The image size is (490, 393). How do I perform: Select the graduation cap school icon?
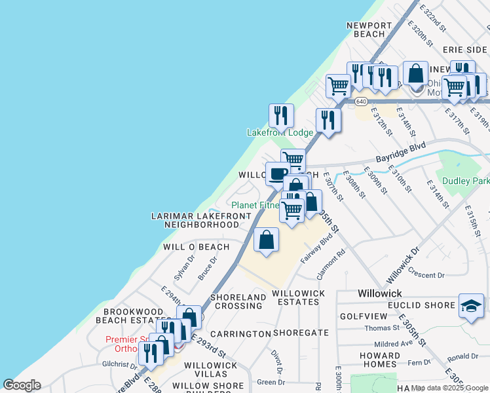pyautogui.click(x=471, y=306)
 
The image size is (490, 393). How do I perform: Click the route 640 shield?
pyautogui.click(x=361, y=102)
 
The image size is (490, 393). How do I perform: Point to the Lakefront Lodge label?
pyautogui.click(x=280, y=132)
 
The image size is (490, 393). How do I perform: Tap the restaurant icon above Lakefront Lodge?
pyautogui.click(x=281, y=115)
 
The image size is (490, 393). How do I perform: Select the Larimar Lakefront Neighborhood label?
pyautogui.click(x=194, y=220)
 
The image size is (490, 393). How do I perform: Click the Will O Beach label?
pyautogui.click(x=196, y=247)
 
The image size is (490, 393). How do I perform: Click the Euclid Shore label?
pyautogui.click(x=424, y=305)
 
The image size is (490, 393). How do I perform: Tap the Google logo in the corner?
pyautogui.click(x=22, y=385)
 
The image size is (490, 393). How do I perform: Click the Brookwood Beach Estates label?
pyautogui.click(x=128, y=315)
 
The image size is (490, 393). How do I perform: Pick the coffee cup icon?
pyautogui.click(x=277, y=174)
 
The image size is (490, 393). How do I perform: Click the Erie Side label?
pyautogui.click(x=464, y=49)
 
